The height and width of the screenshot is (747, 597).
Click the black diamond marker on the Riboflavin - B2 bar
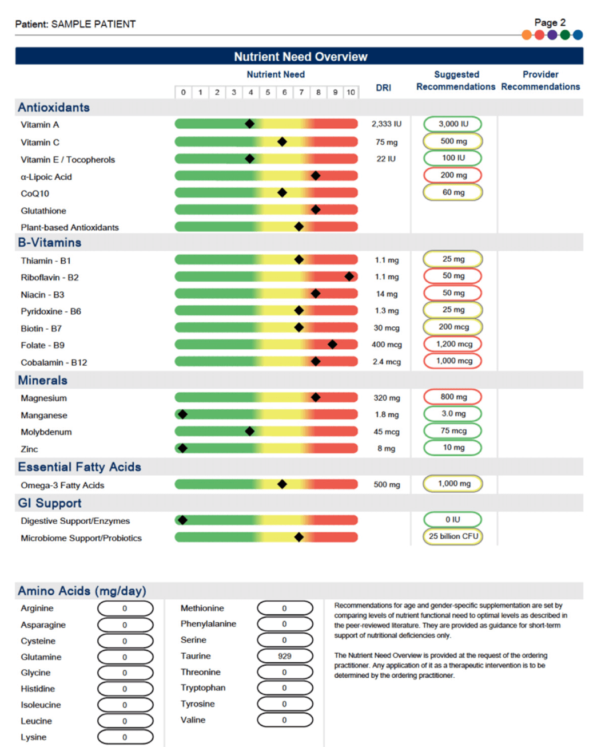(x=349, y=277)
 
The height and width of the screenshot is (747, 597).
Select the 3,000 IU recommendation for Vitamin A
(x=453, y=124)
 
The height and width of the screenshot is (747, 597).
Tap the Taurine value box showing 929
(x=285, y=656)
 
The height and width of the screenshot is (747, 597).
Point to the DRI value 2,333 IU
(x=387, y=124)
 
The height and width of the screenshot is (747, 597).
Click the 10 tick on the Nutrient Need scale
(x=351, y=92)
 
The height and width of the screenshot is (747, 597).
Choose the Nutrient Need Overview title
(x=300, y=57)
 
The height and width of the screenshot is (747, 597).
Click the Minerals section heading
(x=43, y=381)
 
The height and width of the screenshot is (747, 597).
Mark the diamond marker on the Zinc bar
(x=182, y=448)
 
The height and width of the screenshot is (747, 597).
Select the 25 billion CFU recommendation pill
(x=453, y=536)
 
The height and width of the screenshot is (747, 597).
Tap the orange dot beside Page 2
(x=527, y=35)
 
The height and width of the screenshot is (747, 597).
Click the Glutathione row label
(x=43, y=211)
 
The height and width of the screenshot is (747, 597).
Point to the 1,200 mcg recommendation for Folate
(x=453, y=344)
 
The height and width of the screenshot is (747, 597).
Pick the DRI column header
(x=384, y=88)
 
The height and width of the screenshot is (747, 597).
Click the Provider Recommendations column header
(x=540, y=81)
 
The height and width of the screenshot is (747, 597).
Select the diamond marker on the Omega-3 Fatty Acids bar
(x=282, y=484)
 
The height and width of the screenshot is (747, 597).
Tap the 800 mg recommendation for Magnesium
(x=453, y=397)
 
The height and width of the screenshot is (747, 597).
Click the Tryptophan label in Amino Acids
(x=203, y=688)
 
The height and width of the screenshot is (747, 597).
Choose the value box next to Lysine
(x=125, y=737)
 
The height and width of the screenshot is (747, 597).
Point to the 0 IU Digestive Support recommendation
(x=453, y=520)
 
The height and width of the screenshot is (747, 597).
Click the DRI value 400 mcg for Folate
(x=387, y=345)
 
